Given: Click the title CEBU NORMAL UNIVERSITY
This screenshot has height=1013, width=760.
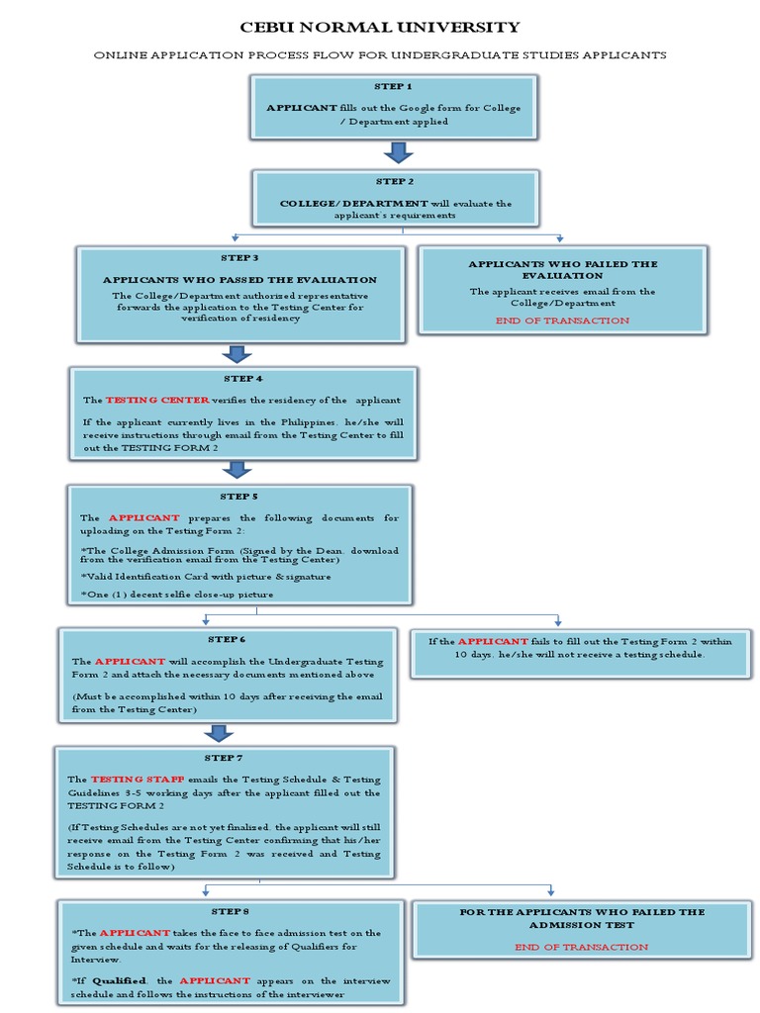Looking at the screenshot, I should (x=380, y=28).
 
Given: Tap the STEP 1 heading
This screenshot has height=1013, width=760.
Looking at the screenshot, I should (x=394, y=87).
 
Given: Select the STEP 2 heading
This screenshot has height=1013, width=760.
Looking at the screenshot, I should (x=395, y=182).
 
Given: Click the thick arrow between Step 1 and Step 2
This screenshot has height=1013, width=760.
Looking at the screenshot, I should (x=398, y=152).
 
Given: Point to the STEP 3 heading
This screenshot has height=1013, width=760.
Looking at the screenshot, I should (x=240, y=258).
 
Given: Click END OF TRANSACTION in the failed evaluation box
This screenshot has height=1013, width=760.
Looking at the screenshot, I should (x=562, y=321).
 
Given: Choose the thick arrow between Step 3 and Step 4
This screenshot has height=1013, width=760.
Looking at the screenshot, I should (x=237, y=354).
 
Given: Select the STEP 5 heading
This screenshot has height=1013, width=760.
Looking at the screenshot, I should (x=238, y=496).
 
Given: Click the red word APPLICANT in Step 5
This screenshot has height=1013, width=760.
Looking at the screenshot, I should (x=143, y=517).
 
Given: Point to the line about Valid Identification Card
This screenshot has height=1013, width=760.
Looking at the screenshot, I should (x=206, y=576).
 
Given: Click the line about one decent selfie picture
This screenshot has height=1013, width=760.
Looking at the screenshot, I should (x=176, y=594).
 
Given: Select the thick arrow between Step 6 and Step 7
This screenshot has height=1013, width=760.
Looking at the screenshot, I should (x=219, y=733).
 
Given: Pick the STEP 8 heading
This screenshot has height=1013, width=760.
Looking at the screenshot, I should (x=230, y=911).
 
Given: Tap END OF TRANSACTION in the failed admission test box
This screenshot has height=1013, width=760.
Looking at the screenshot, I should (x=582, y=947).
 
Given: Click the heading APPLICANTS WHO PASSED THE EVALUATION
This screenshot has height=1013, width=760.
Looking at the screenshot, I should (x=240, y=280).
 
